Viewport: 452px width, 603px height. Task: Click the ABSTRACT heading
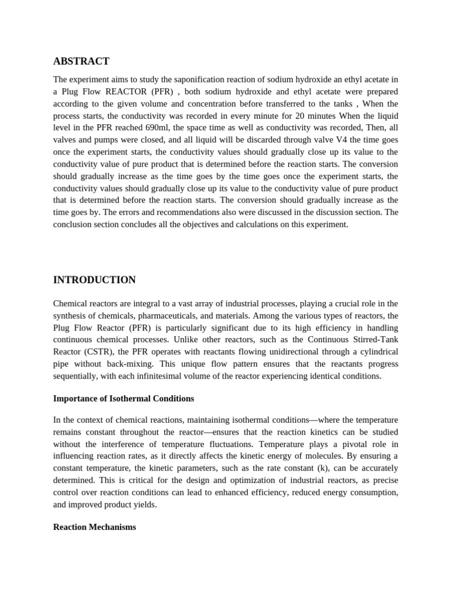(x=81, y=61)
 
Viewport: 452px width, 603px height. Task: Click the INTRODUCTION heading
(x=94, y=280)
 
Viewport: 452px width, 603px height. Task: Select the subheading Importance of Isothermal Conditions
(x=124, y=398)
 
